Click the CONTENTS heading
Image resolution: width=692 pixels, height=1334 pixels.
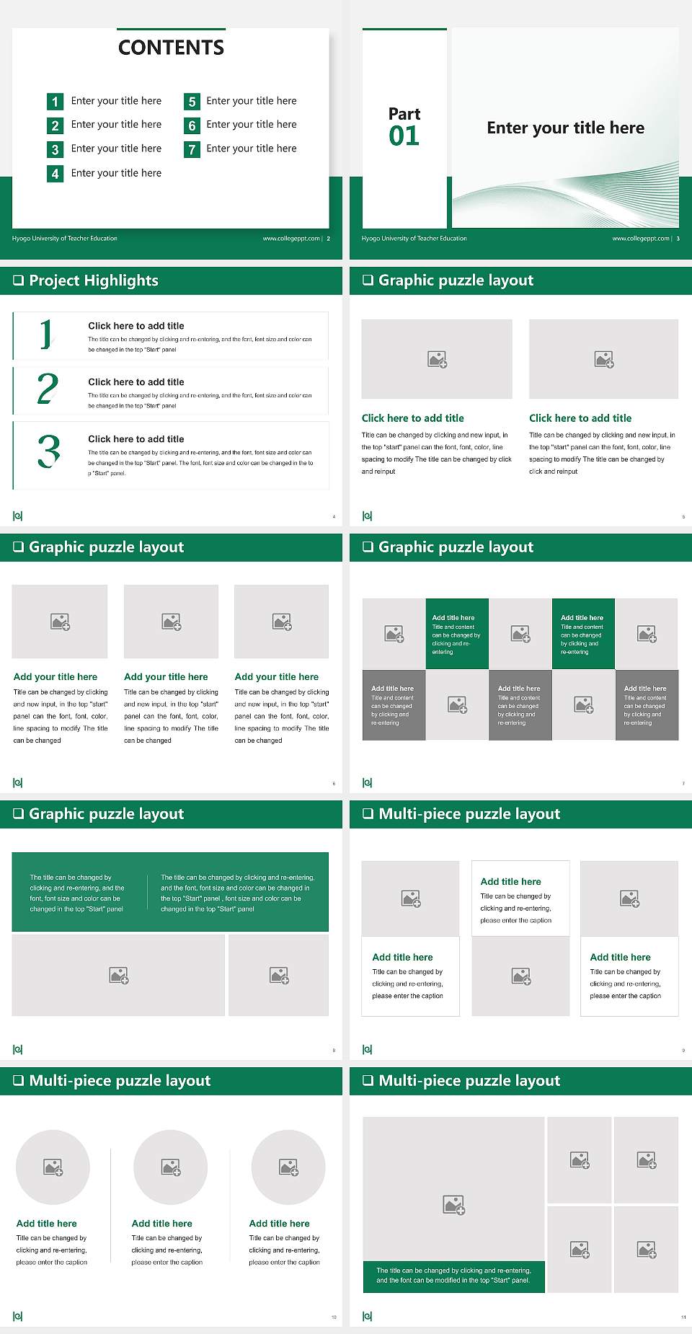tap(171, 48)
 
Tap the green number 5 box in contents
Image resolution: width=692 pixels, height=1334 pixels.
tap(192, 102)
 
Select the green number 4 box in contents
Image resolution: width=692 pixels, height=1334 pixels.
tap(55, 174)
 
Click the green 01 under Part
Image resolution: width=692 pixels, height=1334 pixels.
tap(404, 136)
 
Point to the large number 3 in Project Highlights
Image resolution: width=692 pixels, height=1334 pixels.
tap(48, 452)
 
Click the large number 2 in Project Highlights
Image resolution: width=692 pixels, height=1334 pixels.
tap(48, 389)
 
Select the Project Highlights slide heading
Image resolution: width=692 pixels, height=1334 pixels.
tap(94, 281)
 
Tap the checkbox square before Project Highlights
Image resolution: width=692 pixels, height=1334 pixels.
tap(19, 281)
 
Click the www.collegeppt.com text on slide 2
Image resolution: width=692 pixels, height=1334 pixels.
tap(291, 239)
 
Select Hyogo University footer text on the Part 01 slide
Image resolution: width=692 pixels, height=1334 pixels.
tap(414, 239)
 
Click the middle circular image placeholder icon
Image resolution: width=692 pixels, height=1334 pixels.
tap(171, 1167)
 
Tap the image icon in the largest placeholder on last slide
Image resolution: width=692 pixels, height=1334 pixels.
tap(453, 1204)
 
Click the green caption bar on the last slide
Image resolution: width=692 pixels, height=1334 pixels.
tap(453, 1276)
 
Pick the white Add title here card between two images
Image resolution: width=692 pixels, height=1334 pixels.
tap(520, 898)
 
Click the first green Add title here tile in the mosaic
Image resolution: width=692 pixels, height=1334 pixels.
tap(457, 634)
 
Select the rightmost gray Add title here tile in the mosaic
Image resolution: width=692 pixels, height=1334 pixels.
tap(647, 704)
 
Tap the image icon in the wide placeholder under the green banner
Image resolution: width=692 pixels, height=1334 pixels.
tap(119, 976)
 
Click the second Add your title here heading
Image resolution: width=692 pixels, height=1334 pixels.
tap(166, 677)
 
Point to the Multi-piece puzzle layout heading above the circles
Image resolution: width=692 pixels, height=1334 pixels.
tap(120, 1081)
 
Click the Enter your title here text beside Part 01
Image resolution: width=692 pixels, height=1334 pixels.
tap(565, 128)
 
